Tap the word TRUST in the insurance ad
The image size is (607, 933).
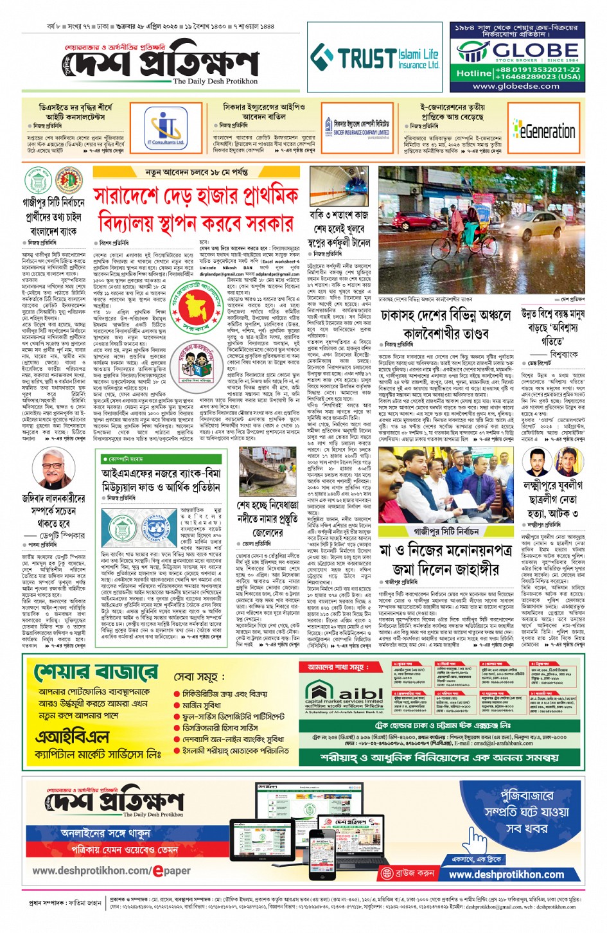pos(367,58)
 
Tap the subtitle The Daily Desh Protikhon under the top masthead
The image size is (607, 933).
pos(215,82)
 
